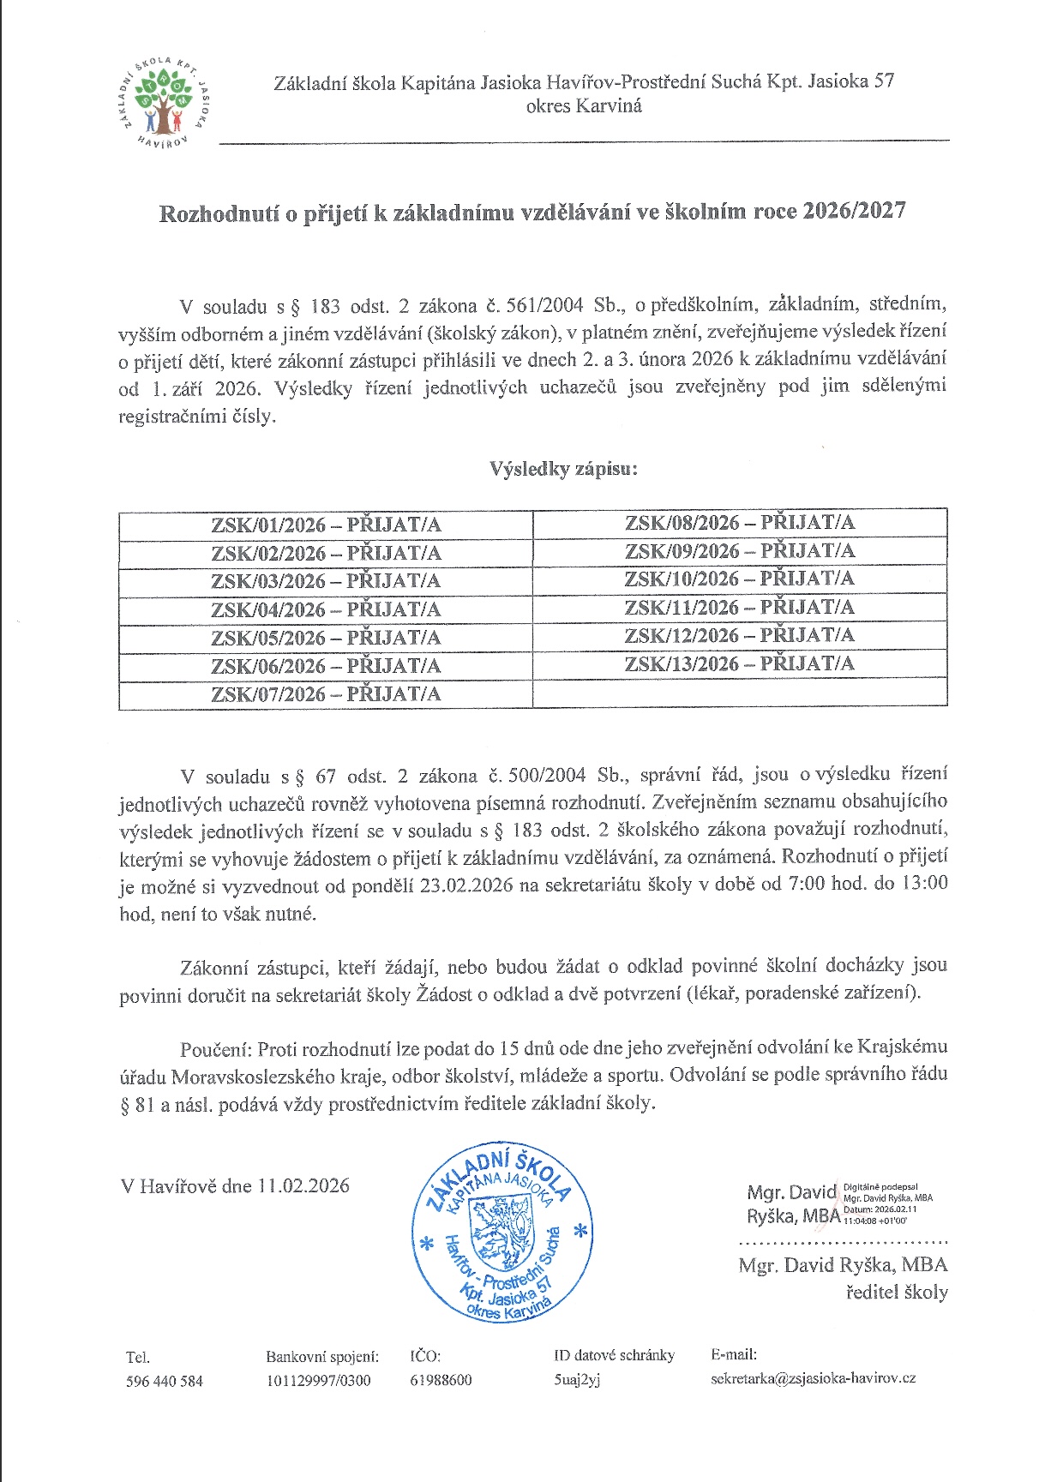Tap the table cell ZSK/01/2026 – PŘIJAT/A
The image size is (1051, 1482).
click(x=326, y=525)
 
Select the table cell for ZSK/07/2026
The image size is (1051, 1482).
click(x=326, y=693)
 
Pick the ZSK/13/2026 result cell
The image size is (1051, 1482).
click(x=739, y=663)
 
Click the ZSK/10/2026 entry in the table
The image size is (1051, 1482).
click(x=739, y=579)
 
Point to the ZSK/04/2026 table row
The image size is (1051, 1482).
click(x=326, y=609)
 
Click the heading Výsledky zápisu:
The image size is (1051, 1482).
click(x=563, y=469)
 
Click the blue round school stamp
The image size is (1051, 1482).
click(x=502, y=1233)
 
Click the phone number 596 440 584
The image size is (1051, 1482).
click(x=165, y=1380)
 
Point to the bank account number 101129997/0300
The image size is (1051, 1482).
click(x=318, y=1380)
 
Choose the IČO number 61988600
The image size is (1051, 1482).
click(x=441, y=1380)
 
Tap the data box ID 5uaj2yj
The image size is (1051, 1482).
click(x=577, y=1380)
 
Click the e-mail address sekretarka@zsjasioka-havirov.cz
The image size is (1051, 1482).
click(x=813, y=1378)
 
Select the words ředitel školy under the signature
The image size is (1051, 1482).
click(x=897, y=1293)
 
